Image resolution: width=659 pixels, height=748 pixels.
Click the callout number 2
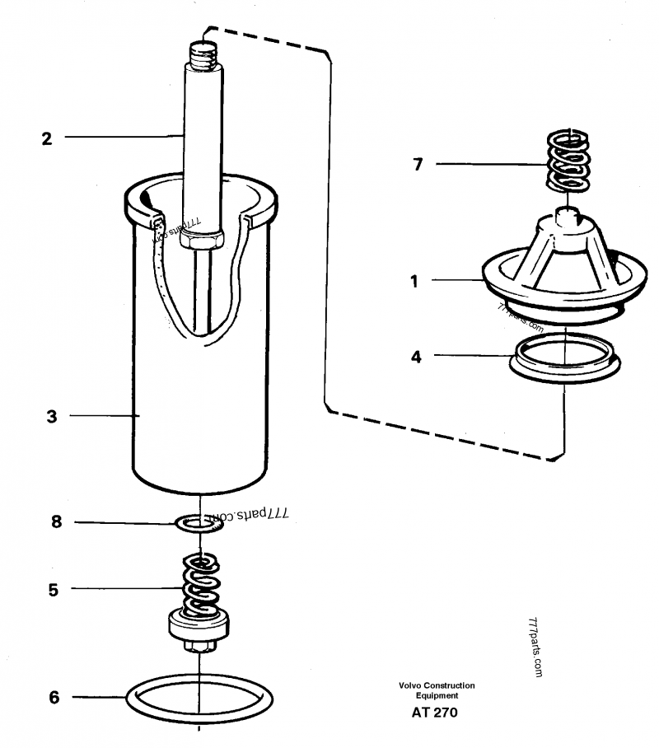coord(47,138)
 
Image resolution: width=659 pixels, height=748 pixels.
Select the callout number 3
coord(51,417)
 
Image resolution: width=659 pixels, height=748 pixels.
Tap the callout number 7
coord(418,165)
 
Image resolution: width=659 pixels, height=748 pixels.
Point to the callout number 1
coord(415,281)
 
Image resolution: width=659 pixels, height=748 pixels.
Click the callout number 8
coord(56,521)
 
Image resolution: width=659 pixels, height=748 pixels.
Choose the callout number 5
coord(54,589)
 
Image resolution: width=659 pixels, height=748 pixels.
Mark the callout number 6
coord(54,697)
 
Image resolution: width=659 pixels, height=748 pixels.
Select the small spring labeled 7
coord(568,161)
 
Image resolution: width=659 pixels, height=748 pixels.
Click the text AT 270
coord(436,713)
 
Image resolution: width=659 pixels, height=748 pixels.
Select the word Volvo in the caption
coord(412,685)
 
